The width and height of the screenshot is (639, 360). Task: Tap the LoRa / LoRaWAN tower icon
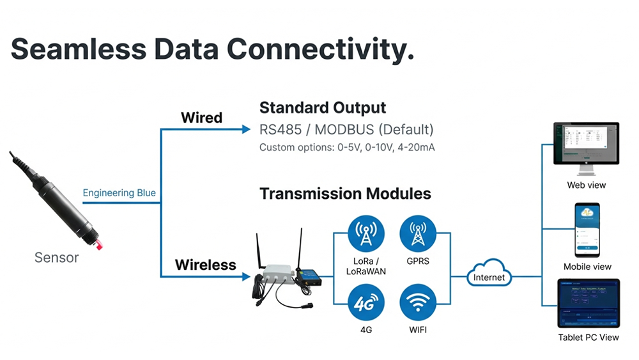[366, 233]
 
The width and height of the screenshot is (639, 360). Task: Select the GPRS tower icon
[418, 233]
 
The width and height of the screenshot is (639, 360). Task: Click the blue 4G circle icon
[366, 302]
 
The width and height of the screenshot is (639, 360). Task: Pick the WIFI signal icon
[418, 302]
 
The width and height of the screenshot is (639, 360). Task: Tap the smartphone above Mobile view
[587, 230]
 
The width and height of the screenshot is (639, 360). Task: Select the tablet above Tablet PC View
[589, 304]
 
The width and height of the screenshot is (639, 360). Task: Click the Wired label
[201, 118]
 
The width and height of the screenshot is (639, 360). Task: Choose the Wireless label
[205, 264]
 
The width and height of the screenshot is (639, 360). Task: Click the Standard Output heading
[323, 107]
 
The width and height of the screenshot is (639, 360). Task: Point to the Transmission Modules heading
[345, 193]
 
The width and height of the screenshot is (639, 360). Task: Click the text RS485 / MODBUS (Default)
[346, 130]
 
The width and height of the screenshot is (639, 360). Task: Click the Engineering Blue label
[119, 192]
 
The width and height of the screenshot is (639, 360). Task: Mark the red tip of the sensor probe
[99, 245]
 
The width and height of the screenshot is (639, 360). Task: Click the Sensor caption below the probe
[56, 258]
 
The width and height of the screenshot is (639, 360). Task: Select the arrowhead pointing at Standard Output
[246, 130]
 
